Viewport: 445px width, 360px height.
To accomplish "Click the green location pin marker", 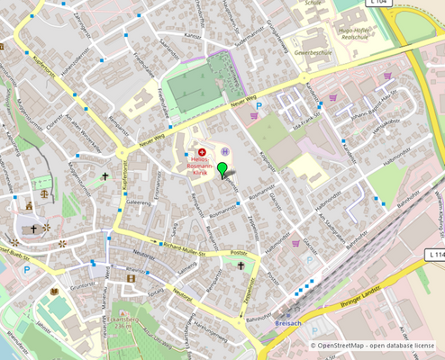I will pyautogui.click(x=223, y=169).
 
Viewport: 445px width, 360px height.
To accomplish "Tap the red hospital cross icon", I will pyautogui.click(x=201, y=152).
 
